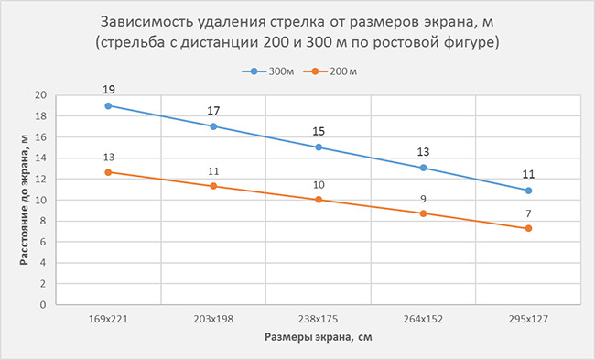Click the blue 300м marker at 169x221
click(x=108, y=105)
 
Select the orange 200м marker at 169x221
click(x=108, y=172)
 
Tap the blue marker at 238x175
click(x=319, y=147)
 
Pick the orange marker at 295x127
click(x=528, y=228)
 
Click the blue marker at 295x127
click(x=528, y=191)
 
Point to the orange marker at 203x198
click(x=213, y=186)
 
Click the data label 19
click(x=108, y=90)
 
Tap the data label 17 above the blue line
click(x=213, y=111)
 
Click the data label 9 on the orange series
click(x=423, y=198)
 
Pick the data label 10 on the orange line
click(x=319, y=184)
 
